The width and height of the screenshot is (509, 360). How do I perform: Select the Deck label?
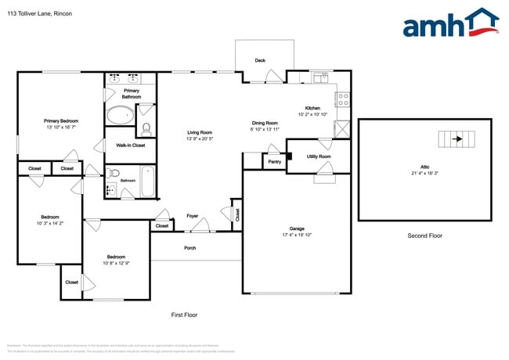pos(259,60)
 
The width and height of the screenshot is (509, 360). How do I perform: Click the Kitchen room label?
pos(312,107)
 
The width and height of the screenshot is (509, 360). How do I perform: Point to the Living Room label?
pos(200,132)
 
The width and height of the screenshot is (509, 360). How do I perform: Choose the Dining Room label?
pos(265,123)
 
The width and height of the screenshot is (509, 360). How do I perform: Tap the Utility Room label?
pos(319,157)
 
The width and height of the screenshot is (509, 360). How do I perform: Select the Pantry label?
pos(274,162)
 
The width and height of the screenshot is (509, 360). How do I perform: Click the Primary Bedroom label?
pos(60,121)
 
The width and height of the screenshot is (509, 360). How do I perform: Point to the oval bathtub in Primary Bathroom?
pos(120,116)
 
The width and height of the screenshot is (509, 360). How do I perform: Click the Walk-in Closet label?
pos(130,146)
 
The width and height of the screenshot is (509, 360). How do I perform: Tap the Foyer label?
pos(192,215)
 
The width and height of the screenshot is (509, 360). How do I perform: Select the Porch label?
pos(190,248)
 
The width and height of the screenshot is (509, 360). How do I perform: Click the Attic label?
pos(424,167)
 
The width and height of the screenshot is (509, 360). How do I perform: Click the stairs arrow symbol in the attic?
pos(457,141)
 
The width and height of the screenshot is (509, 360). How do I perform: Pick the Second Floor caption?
pos(424,236)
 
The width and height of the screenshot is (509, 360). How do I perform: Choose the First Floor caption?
pos(184,315)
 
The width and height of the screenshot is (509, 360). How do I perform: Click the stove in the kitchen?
pos(342,99)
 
